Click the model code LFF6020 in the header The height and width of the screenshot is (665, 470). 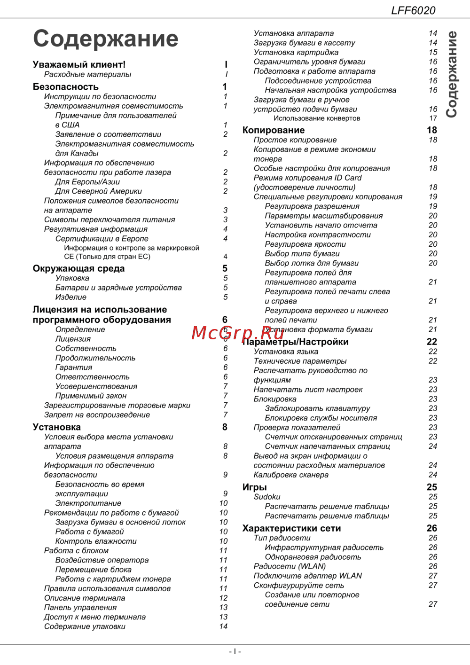[413, 10]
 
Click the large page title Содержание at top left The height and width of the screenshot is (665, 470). [105, 39]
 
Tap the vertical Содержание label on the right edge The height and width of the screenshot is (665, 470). [452, 74]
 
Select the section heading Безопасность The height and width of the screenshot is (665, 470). [65, 86]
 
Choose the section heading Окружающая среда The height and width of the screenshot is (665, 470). [78, 268]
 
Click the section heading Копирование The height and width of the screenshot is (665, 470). [273, 130]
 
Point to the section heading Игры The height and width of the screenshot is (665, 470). [254, 487]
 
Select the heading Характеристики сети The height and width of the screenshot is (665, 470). [291, 528]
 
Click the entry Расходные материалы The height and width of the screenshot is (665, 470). [87, 74]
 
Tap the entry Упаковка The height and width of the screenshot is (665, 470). [72, 278]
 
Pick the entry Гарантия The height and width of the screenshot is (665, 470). [73, 368]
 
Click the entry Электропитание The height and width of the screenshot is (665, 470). [88, 503]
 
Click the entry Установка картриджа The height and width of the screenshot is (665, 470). [296, 52]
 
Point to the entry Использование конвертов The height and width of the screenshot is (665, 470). [317, 118]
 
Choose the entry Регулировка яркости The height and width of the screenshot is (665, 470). [305, 244]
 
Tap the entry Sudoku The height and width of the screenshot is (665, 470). [266, 497]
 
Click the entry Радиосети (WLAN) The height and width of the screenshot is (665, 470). [290, 566]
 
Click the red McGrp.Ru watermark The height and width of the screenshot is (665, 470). [238, 333]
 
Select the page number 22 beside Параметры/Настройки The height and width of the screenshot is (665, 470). [431, 342]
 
